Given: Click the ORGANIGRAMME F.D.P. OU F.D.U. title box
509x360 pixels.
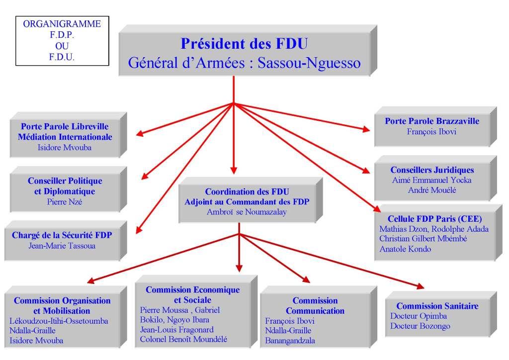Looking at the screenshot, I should [x=62, y=40].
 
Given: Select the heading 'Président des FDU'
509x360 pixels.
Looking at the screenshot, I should [x=244, y=44].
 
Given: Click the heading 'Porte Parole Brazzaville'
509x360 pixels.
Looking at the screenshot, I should [x=431, y=121].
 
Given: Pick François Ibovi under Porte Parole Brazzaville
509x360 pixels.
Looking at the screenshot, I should [x=431, y=132].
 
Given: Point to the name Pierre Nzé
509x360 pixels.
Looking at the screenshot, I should [x=65, y=202].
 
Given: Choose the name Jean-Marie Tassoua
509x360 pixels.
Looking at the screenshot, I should [x=62, y=245].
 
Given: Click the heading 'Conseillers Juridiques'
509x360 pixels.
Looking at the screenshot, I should [x=432, y=170].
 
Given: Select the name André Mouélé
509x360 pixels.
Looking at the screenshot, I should [x=432, y=190].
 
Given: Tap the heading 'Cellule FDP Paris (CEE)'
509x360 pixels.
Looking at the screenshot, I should [x=434, y=218].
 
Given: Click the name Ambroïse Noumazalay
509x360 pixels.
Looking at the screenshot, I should [x=247, y=212].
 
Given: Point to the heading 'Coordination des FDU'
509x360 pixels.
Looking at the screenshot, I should [x=247, y=191].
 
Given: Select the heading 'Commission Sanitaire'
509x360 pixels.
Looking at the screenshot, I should [x=437, y=306].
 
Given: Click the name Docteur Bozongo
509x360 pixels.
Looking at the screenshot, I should [x=420, y=326].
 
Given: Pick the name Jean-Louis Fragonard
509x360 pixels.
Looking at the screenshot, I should [x=176, y=329].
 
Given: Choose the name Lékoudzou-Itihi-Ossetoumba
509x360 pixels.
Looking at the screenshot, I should [x=59, y=321].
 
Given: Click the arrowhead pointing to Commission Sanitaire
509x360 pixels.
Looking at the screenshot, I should [x=421, y=286].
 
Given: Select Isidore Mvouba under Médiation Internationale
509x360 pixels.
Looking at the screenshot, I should [x=65, y=147].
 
